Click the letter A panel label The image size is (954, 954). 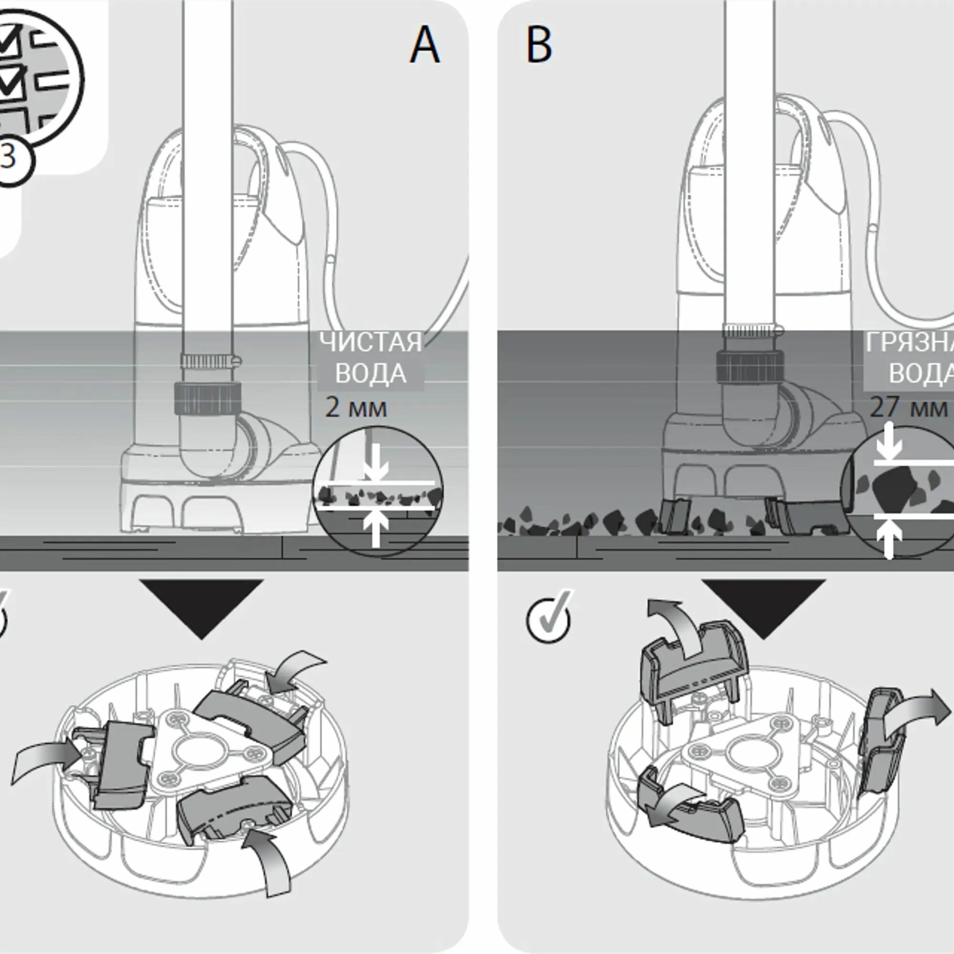[x=425, y=45]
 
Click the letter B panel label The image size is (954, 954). [x=539, y=45]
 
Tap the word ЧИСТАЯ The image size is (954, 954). [x=370, y=342]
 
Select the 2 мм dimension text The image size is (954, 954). [x=356, y=408]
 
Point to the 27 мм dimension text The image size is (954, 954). [x=909, y=408]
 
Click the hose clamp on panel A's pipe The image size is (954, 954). [x=209, y=363]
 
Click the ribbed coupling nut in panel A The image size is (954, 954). [x=208, y=398]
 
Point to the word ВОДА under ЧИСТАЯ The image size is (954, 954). [x=370, y=374]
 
